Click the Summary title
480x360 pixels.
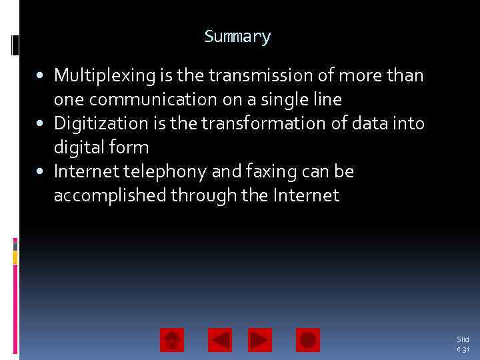pos(237,37)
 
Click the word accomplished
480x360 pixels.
pos(110,196)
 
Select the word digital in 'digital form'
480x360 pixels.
pos(76,148)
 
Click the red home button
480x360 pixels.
pos(172,340)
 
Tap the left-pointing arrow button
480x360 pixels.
pos(220,340)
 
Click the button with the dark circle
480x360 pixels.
pos(308,340)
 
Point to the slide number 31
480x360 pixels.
pos(463,344)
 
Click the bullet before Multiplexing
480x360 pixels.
pos(42,76)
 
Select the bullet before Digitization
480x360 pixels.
pos(42,124)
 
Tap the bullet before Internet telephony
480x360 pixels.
pos(42,172)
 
